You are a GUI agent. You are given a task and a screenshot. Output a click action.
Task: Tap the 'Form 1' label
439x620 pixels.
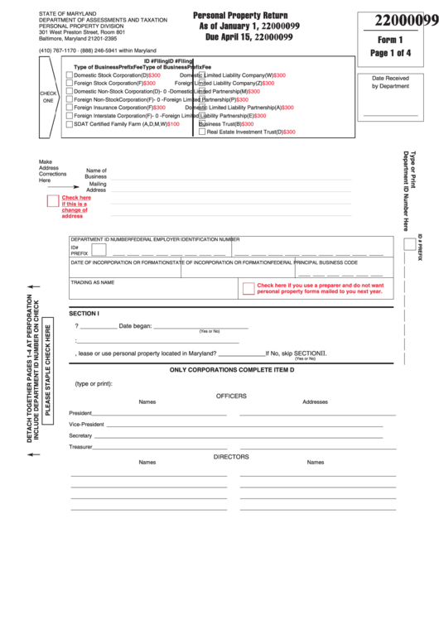tap(388, 39)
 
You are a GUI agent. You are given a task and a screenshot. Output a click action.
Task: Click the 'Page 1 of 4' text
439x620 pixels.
tap(388, 53)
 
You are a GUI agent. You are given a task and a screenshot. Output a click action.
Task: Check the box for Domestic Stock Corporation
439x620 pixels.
tap(69, 75)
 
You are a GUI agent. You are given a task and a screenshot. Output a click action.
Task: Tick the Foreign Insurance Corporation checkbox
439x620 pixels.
tap(69, 108)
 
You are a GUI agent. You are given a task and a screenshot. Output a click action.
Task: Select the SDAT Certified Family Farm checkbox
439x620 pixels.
tap(69, 124)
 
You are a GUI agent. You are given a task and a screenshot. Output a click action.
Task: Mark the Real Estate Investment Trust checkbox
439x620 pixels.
tap(202, 132)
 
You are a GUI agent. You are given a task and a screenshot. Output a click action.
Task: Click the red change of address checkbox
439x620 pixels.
tap(52, 200)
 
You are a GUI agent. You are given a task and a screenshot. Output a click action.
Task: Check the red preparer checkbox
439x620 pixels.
tap(248, 288)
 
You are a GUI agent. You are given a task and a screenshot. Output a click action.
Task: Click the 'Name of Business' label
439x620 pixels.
tap(96, 173)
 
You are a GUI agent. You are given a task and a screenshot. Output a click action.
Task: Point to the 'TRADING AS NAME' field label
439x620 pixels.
tap(92, 282)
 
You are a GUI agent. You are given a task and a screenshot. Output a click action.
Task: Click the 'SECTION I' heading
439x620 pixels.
tap(84, 313)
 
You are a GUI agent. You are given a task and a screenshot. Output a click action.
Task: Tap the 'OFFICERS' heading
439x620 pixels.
tap(231, 396)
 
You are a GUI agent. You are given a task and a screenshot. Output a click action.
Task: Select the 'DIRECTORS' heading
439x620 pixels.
tap(231, 456)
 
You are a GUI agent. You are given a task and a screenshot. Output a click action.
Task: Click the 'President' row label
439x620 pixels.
tap(80, 412)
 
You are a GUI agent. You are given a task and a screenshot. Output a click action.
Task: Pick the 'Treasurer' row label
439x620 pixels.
tap(80, 447)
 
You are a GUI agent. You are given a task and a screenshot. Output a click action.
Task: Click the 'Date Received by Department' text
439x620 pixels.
tap(390, 81)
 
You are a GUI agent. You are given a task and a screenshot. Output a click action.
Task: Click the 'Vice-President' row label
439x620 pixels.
tap(86, 424)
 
